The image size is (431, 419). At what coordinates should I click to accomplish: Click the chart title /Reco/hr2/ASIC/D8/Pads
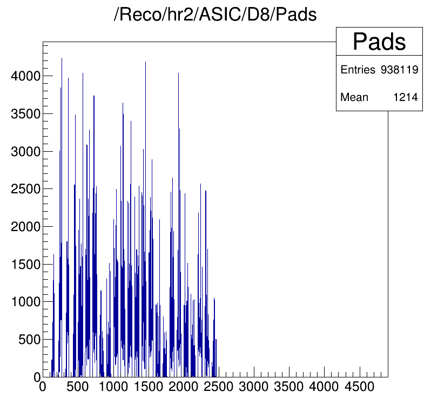click(215, 15)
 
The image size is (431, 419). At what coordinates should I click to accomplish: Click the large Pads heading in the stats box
click(379, 42)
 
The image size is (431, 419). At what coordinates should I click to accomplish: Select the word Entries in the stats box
click(358, 70)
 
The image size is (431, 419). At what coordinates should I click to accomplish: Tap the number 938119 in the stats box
click(400, 70)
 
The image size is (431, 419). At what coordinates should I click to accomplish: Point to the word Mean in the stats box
click(354, 98)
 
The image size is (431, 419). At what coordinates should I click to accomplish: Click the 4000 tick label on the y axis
click(25, 76)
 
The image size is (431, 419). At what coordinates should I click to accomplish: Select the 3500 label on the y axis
click(25, 114)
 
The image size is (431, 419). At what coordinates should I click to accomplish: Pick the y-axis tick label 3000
click(25, 152)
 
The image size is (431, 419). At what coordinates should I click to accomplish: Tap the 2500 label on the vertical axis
click(25, 189)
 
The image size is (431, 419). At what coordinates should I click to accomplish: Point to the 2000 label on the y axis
click(25, 227)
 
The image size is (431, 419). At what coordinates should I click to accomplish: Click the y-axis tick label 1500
click(25, 264)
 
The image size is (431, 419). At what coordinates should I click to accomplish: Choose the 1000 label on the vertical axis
click(25, 302)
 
